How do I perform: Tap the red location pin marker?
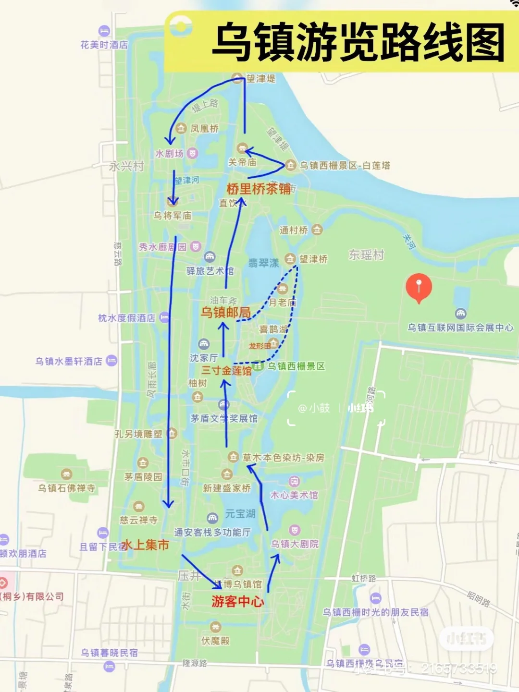pyautogui.click(x=419, y=288)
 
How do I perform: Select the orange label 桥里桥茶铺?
pyautogui.click(x=259, y=189)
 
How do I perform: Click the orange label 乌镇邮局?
pyautogui.click(x=225, y=313)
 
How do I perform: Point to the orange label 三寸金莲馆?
pyautogui.click(x=226, y=371)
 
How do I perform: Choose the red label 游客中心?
pyautogui.click(x=238, y=601)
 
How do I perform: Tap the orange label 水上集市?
pyautogui.click(x=145, y=545)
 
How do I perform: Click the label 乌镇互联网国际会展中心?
pyautogui.click(x=460, y=328)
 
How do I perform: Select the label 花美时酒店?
pyautogui.click(x=104, y=45)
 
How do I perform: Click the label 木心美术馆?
pyautogui.click(x=294, y=495)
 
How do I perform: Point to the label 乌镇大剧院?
pyautogui.click(x=295, y=544)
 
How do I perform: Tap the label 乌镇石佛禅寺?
pyautogui.click(x=67, y=488)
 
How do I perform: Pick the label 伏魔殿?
pyautogui.click(x=215, y=641)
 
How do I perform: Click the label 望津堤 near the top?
pyautogui.click(x=261, y=78)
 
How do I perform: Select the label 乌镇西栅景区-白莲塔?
pyautogui.click(x=345, y=166)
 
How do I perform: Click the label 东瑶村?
pyautogui.click(x=366, y=255)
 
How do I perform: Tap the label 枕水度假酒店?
pyautogui.click(x=127, y=318)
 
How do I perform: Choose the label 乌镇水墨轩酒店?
pyautogui.click(x=69, y=361)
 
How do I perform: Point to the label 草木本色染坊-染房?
pyautogui.click(x=283, y=458)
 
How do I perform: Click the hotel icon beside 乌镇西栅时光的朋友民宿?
pyautogui.click(x=376, y=598)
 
